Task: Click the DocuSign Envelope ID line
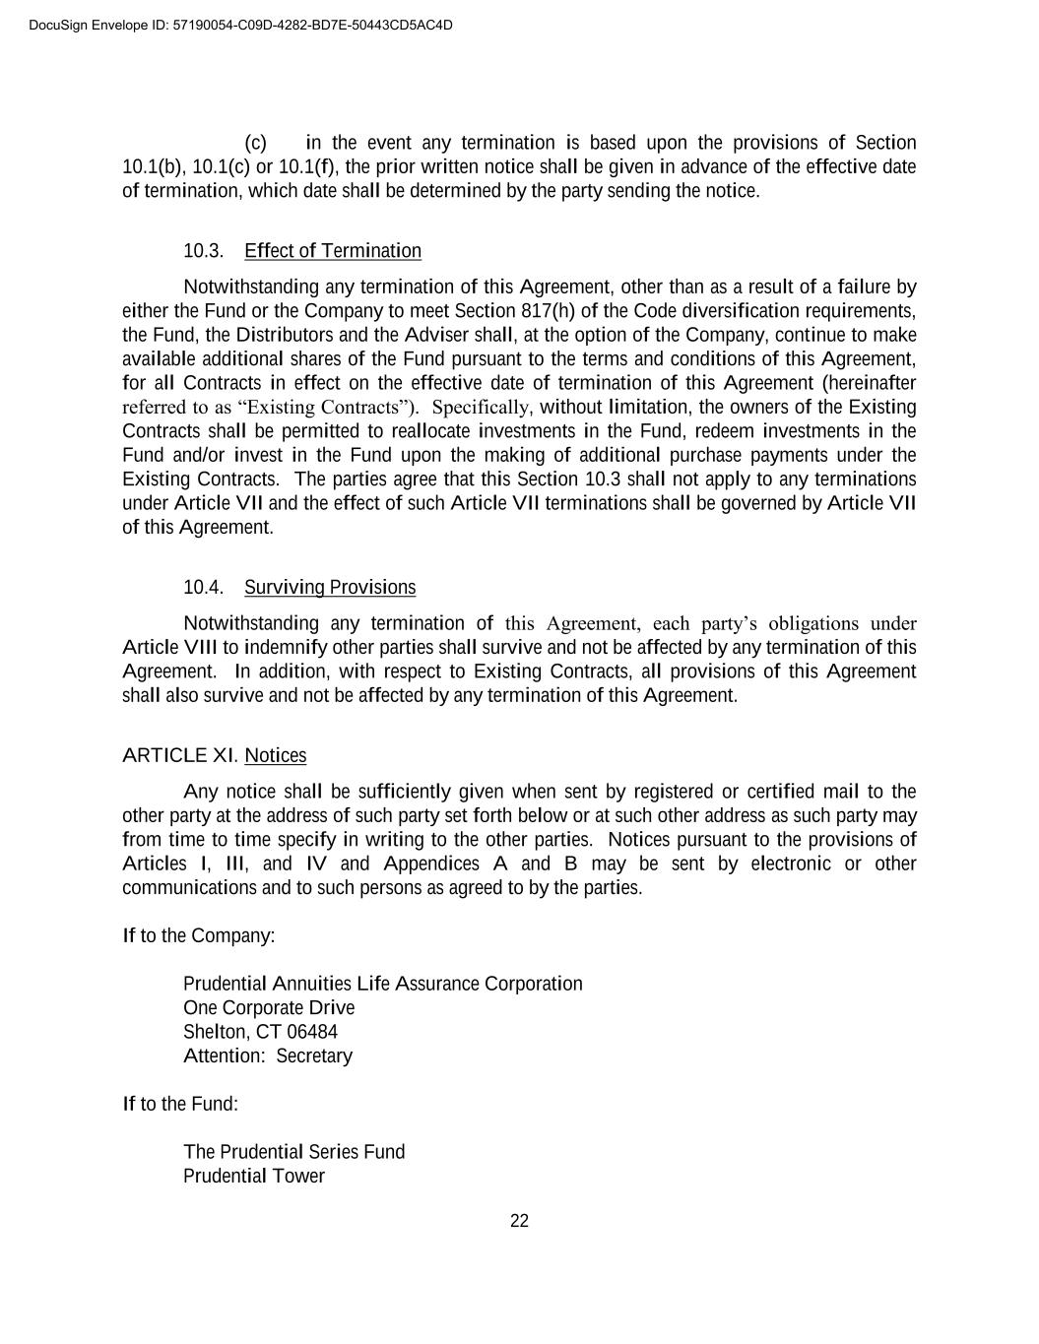pos(241,25)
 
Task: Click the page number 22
pos(519,1221)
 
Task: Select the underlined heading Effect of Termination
pos(333,251)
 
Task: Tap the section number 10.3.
pos(203,251)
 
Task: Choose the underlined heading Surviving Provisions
pos(330,588)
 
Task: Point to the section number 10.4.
pos(203,588)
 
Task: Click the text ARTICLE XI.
pos(180,755)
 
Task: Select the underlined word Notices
pos(276,755)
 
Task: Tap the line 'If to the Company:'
pos(198,935)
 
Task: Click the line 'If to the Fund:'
pos(180,1104)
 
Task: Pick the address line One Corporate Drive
pos(269,1008)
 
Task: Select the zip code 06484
pos(312,1032)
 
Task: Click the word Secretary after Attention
pos(313,1056)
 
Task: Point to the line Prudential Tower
pos(254,1177)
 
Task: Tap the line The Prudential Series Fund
pos(293,1152)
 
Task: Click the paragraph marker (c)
pos(256,143)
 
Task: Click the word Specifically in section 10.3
pos(482,408)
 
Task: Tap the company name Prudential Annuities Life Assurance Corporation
pos(382,984)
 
